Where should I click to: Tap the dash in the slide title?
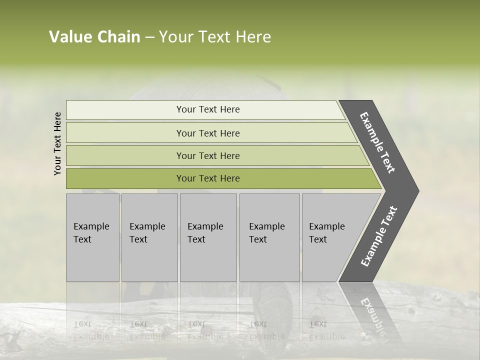pyautogui.click(x=149, y=37)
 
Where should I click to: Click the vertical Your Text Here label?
pyautogui.click(x=57, y=143)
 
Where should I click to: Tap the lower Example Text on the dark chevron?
pyautogui.click(x=379, y=236)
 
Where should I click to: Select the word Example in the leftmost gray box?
pyautogui.click(x=91, y=226)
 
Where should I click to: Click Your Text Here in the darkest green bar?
pyautogui.click(x=208, y=178)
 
